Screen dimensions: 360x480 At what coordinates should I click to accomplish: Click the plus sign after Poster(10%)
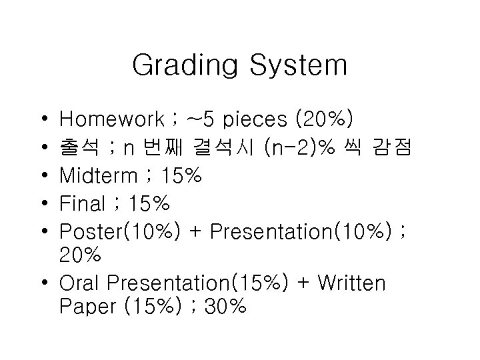coord(197,231)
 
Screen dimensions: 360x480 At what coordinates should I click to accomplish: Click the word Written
coord(352,284)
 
